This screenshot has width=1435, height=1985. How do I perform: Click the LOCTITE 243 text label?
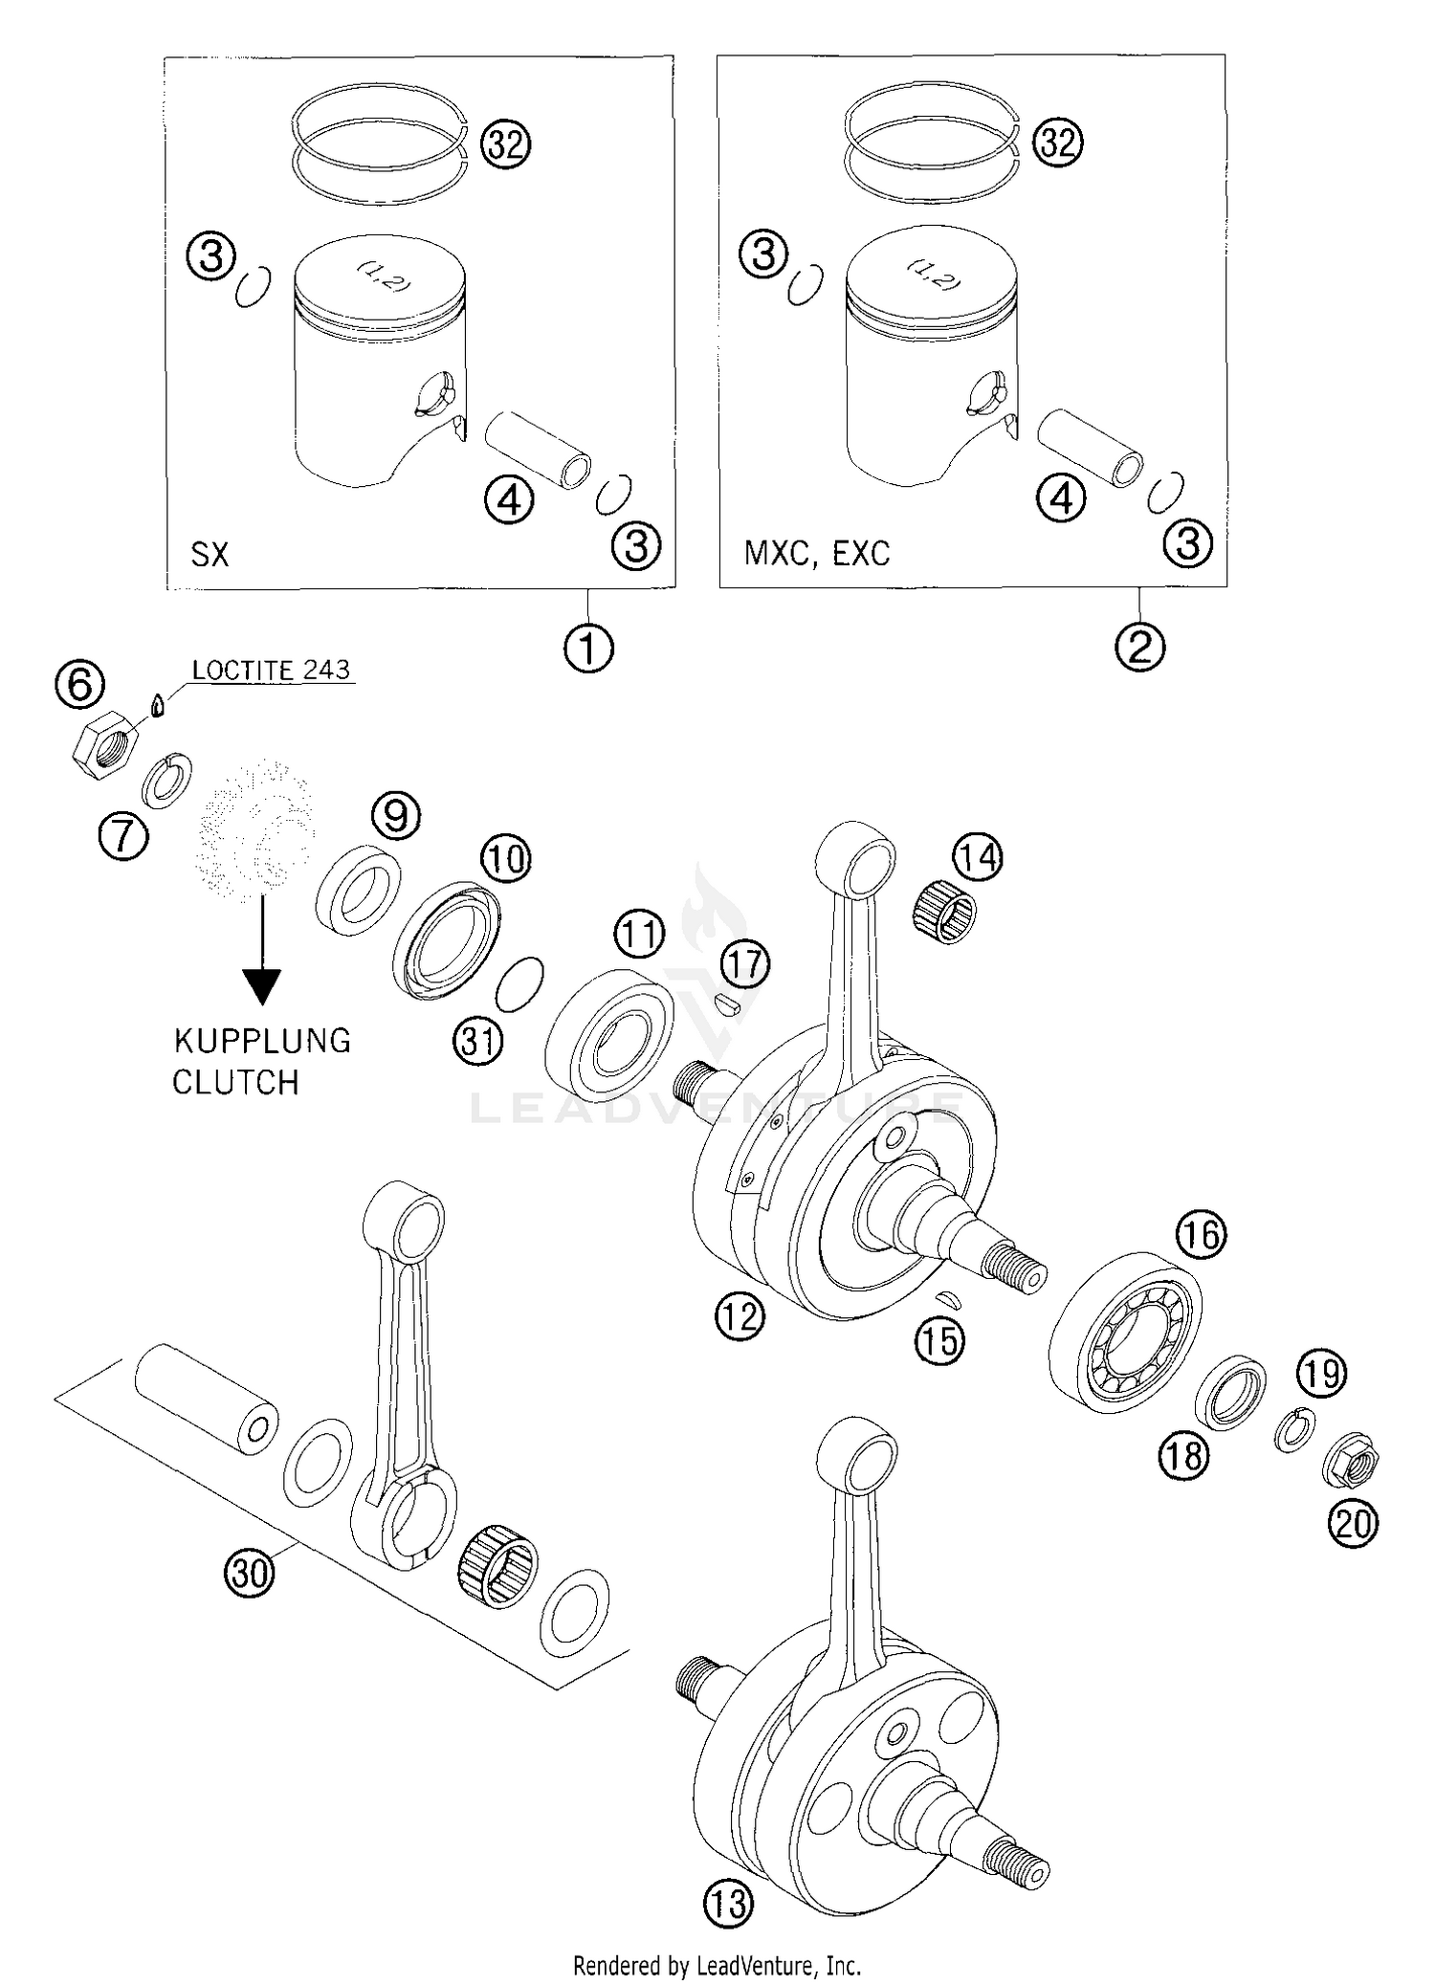[x=271, y=670]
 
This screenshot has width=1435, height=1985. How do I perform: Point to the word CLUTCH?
[x=235, y=1083]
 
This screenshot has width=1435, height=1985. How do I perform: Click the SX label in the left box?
[x=210, y=554]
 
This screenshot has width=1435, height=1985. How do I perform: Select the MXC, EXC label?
[x=816, y=553]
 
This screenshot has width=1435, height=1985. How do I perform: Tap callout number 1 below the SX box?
[x=587, y=650]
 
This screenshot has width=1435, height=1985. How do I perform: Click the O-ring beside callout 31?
[x=522, y=983]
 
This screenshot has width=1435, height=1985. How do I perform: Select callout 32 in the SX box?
[x=504, y=145]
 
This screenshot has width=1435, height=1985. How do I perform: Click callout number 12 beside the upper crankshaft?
[x=740, y=1316]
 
